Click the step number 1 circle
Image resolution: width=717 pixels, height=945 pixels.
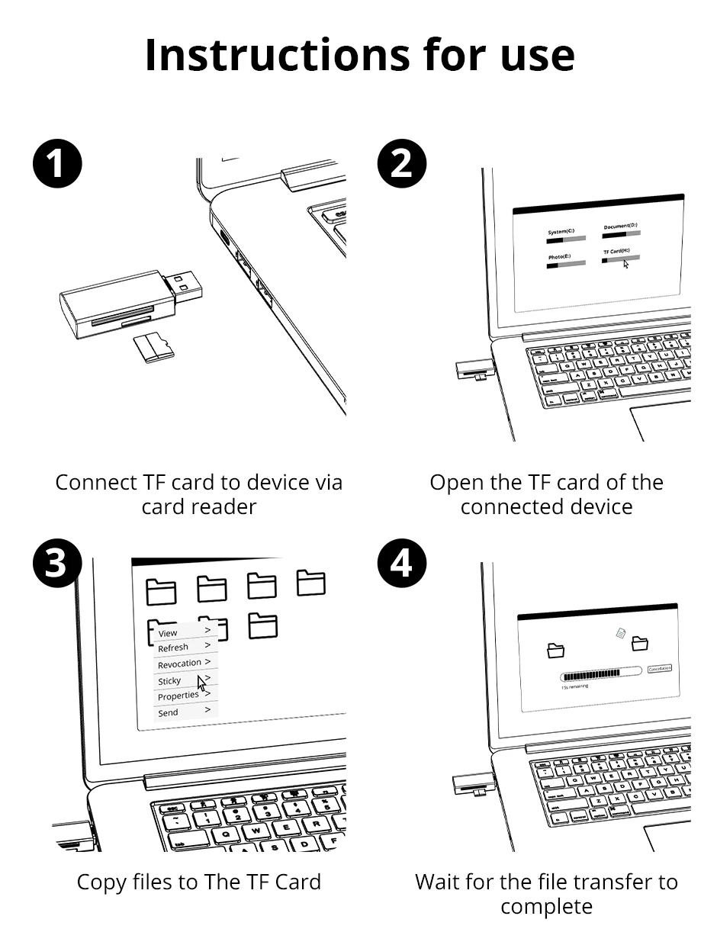click(58, 165)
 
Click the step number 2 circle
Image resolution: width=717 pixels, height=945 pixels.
click(402, 165)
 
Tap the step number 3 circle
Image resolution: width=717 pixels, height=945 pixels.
click(58, 565)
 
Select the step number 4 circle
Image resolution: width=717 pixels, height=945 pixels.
click(402, 565)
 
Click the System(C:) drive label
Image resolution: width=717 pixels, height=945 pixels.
click(561, 232)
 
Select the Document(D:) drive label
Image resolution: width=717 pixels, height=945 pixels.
click(620, 227)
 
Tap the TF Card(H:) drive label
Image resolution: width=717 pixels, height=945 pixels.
click(617, 251)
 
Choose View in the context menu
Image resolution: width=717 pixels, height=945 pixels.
click(168, 633)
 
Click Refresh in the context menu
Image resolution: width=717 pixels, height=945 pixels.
click(173, 648)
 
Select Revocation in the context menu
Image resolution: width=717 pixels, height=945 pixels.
click(179, 664)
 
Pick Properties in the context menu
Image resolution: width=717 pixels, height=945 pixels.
click(178, 696)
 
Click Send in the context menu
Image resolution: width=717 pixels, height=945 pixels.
click(168, 713)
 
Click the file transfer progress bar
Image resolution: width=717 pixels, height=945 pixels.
click(601, 675)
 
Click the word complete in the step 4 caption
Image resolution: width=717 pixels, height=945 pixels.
click(546, 907)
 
